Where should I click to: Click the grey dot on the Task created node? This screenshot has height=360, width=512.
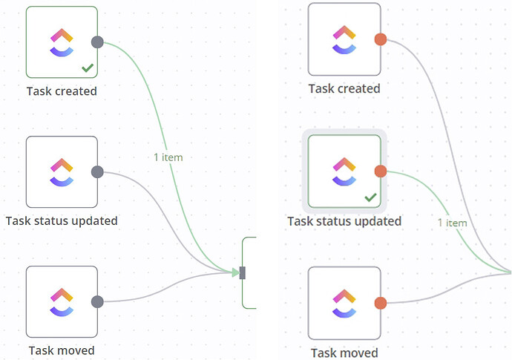click(96, 42)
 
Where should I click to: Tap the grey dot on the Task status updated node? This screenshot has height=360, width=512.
click(96, 172)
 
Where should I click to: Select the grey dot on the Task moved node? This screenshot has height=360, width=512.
click(96, 301)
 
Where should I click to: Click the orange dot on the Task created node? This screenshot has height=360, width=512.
click(381, 39)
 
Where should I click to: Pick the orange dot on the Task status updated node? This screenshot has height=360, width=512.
click(381, 171)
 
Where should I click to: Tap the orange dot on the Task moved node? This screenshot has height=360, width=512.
click(381, 303)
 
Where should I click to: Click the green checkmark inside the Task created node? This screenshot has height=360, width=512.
click(87, 68)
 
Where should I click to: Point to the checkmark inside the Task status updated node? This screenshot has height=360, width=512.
click(370, 198)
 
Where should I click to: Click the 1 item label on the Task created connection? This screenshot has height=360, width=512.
click(168, 157)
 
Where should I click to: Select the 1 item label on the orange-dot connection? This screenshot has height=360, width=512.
click(452, 223)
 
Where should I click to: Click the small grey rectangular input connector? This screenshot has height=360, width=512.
click(242, 272)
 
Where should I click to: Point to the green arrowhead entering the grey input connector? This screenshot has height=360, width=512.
click(234, 272)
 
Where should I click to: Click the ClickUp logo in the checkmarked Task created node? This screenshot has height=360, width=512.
click(62, 42)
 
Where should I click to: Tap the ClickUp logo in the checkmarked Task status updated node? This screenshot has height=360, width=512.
click(344, 171)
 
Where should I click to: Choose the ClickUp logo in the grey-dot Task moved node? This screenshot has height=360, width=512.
click(62, 301)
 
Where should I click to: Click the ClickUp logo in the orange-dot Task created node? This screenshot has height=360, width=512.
click(344, 39)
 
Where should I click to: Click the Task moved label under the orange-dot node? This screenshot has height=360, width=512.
click(344, 353)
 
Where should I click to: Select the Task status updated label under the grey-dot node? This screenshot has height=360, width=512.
click(62, 220)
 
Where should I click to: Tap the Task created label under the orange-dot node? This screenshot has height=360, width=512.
click(344, 88)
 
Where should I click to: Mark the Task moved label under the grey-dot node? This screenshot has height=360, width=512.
click(62, 350)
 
